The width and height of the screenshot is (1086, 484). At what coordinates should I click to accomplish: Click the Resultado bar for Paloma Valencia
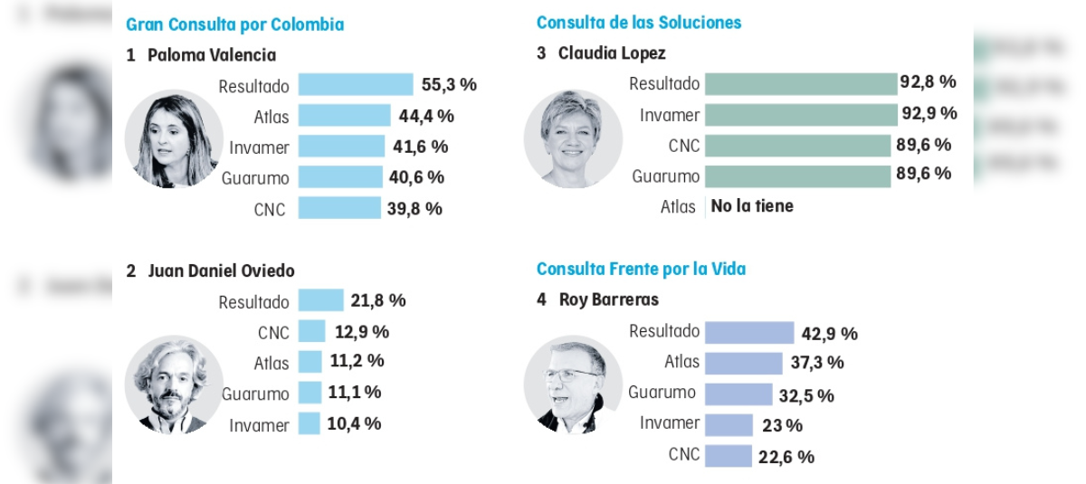point(356,85)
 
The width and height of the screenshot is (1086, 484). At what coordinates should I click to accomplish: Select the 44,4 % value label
point(426,116)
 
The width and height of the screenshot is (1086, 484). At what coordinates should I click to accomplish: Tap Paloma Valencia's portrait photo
point(173,138)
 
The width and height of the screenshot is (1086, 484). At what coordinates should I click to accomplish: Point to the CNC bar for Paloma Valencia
point(339,208)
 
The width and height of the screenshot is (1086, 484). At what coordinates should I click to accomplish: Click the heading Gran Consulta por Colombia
point(235,24)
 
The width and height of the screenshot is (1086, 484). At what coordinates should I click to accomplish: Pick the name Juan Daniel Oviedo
point(222,270)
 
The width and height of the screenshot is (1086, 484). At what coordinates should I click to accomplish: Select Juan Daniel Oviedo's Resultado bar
point(320,300)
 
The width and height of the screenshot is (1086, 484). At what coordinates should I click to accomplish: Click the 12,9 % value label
point(361,331)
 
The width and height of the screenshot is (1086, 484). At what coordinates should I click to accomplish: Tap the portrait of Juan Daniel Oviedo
point(173,385)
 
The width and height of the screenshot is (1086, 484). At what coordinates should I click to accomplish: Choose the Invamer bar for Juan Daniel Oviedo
point(309,423)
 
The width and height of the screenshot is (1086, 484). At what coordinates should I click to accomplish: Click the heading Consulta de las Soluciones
point(639,22)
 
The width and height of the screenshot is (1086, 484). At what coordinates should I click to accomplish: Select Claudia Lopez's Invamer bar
point(801,115)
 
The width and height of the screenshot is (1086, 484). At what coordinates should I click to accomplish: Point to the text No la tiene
point(752,206)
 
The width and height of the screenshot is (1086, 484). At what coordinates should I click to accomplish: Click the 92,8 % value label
point(928,82)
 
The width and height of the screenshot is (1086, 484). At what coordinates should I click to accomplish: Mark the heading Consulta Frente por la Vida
point(641,269)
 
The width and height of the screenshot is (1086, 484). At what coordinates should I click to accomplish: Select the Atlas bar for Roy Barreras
point(743,363)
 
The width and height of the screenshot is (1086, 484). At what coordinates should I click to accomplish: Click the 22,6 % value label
point(786,457)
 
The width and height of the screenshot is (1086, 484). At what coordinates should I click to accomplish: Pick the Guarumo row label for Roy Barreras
point(662,393)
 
